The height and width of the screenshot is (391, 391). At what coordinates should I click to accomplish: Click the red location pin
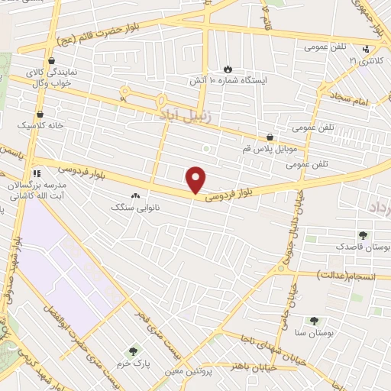[x=196, y=179]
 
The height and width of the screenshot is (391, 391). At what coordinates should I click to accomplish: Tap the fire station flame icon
[x=227, y=69]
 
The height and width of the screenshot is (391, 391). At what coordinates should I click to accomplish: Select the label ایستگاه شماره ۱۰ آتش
[x=228, y=79]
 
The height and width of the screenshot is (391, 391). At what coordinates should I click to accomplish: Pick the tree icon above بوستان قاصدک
[x=363, y=236]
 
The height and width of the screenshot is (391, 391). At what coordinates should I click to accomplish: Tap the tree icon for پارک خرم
[x=133, y=351]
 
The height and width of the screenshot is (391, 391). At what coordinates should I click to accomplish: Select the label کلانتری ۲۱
[x=364, y=60]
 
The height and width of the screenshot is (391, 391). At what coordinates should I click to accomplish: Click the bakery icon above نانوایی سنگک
[x=136, y=196]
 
